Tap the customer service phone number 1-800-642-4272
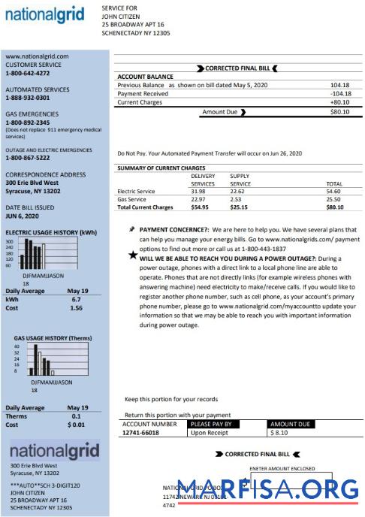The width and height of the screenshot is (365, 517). tap(28, 74)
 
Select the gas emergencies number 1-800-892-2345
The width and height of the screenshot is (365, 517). tap(28, 122)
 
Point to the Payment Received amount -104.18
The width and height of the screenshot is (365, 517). tap(339, 93)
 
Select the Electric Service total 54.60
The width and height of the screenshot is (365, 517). tap(334, 192)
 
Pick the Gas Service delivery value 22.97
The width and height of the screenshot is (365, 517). tap(201, 199)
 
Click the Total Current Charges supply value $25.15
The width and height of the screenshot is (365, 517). tap(240, 207)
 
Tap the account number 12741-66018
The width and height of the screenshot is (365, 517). tap(140, 433)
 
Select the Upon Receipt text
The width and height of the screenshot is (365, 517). tap(209, 433)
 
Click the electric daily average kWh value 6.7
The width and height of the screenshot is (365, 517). tap(76, 299)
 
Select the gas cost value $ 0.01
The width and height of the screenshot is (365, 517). tap(76, 425)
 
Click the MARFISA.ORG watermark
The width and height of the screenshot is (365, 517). tap(267, 489)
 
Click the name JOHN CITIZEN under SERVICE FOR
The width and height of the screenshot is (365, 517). tap(121, 16)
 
